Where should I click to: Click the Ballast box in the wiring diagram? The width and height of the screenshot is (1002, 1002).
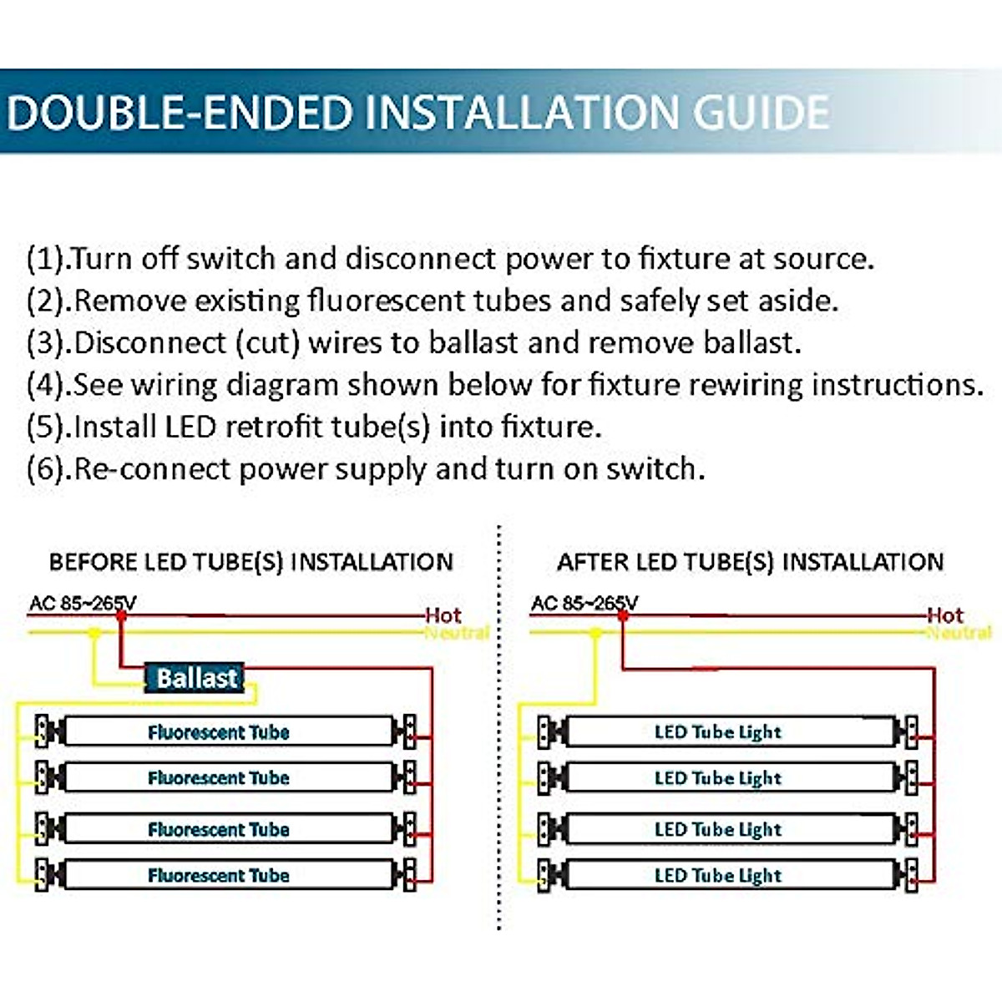[x=195, y=677]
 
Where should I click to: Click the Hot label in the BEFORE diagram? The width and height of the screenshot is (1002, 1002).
[x=443, y=615]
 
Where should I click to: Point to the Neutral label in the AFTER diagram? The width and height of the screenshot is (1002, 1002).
[x=959, y=633]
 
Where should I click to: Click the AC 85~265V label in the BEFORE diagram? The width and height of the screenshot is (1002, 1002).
[x=82, y=603]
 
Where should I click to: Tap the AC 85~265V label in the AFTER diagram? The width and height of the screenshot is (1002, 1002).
[x=584, y=603]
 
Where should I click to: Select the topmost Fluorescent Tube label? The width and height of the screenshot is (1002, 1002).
[x=219, y=732]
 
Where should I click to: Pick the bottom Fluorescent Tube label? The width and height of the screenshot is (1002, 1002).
[x=219, y=875]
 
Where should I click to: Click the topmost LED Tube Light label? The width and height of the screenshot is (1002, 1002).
[x=718, y=732]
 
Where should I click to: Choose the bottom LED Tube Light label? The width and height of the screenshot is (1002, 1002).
[x=718, y=875]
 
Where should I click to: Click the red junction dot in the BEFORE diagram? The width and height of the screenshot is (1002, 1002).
[x=121, y=615]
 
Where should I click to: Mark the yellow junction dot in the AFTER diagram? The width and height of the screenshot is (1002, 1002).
[x=595, y=633]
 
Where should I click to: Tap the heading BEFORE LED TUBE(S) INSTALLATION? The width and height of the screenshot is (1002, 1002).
[x=250, y=562]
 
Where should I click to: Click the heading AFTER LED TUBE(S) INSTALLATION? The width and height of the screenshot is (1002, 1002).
[x=750, y=562]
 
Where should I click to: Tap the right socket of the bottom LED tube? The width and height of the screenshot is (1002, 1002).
[x=910, y=873]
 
